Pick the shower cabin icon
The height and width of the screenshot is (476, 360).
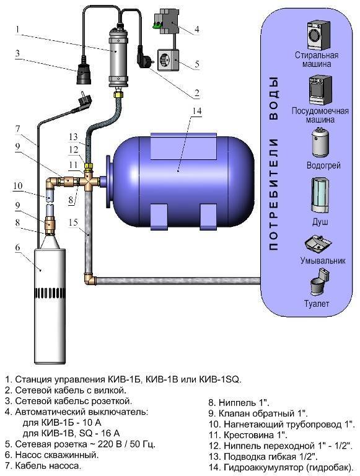point(317,196)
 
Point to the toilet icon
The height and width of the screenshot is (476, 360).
point(317,283)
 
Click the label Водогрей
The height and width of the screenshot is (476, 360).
point(317,167)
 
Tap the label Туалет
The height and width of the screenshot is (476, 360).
point(317,304)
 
